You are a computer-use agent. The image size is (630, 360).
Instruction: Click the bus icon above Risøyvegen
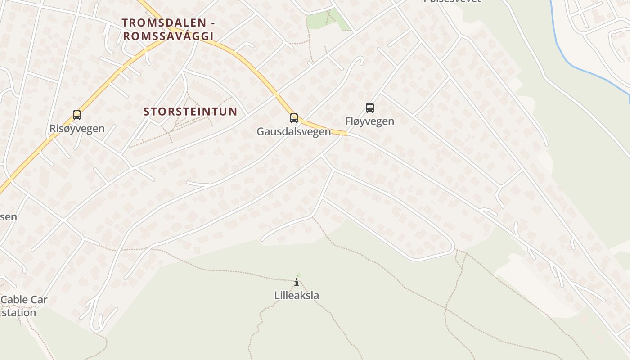(x=77, y=115)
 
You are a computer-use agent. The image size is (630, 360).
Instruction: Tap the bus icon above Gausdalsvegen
(x=294, y=118)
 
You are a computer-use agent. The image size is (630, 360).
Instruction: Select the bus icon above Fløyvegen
(x=370, y=108)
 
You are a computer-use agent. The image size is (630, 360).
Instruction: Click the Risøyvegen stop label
(x=77, y=129)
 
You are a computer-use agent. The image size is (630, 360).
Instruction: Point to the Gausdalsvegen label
(x=294, y=131)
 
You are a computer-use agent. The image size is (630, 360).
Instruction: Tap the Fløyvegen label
(x=370, y=121)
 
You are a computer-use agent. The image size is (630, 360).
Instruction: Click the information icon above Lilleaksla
(x=297, y=283)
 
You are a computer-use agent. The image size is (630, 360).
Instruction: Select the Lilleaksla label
(x=297, y=296)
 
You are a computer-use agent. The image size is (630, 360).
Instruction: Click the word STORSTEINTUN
(x=190, y=112)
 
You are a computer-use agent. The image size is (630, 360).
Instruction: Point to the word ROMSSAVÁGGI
(x=168, y=36)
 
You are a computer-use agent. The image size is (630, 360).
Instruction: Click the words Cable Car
(x=24, y=300)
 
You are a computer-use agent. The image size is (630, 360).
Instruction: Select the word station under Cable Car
(x=19, y=312)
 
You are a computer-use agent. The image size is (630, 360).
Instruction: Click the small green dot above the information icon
(x=298, y=274)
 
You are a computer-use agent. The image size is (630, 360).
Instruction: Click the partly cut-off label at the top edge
(x=452, y=1)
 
